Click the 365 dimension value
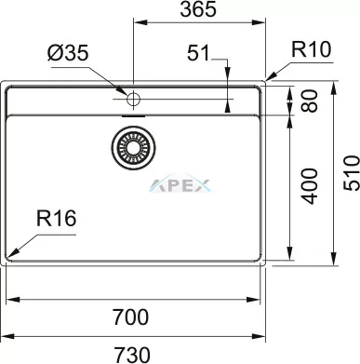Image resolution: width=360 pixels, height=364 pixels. pos(198,9)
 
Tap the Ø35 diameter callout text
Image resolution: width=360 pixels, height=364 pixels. pos(68,52)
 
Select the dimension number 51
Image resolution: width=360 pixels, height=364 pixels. pos(198,53)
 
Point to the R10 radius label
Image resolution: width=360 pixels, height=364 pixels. pos(312,49)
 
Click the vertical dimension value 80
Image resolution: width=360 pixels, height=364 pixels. pos(310,101)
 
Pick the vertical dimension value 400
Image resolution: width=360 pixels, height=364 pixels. pos(310,186)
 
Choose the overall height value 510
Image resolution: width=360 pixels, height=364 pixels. pos(352,173)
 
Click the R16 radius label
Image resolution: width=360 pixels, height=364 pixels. pos(56,218)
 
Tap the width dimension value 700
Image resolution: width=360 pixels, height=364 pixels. pos(130,317)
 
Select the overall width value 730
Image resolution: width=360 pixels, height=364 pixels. pos(132,355)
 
